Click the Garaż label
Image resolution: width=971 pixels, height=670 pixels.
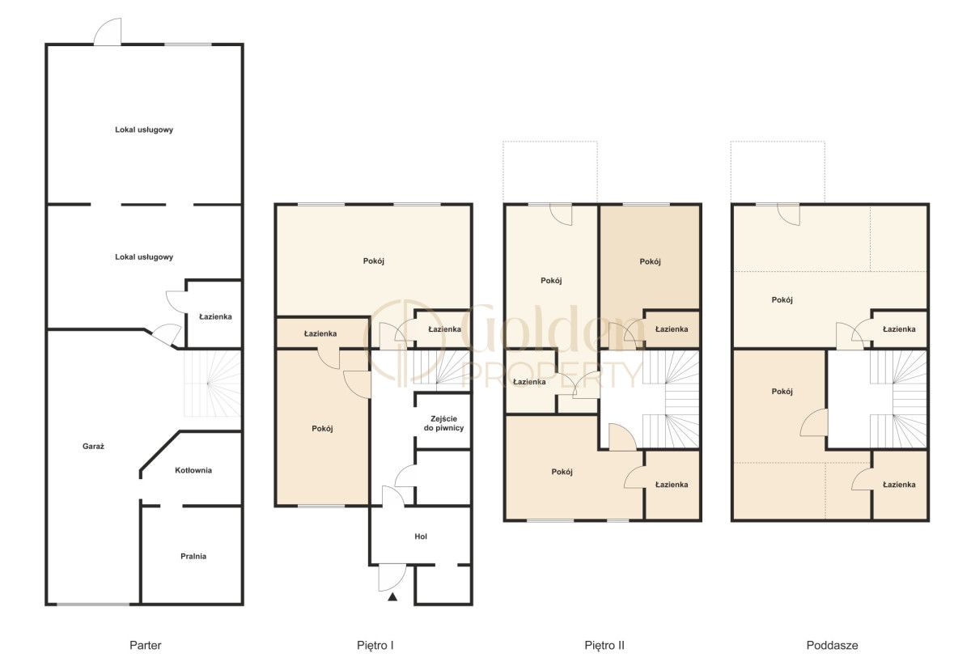point(93,447)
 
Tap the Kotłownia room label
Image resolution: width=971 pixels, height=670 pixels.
point(193,470)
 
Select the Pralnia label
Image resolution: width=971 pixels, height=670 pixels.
point(193,556)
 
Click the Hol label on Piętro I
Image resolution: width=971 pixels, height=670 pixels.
point(421,536)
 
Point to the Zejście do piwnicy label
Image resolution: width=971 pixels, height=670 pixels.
point(443,423)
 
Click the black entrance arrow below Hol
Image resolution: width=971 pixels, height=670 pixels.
point(392,596)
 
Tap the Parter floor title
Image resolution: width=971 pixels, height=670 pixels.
point(145,645)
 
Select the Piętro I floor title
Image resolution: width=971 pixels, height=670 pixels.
point(375,645)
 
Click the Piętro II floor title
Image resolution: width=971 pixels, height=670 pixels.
point(604,645)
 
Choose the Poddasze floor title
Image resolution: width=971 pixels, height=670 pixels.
point(832,645)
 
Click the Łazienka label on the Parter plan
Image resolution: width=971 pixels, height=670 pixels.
point(215,317)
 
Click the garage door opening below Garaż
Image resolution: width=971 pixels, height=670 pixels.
point(93,604)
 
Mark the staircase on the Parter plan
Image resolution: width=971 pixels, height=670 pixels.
point(212,383)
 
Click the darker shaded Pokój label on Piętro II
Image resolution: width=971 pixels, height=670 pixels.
point(650,261)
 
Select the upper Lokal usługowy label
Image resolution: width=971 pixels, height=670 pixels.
point(144,129)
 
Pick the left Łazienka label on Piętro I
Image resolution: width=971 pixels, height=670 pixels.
point(320,333)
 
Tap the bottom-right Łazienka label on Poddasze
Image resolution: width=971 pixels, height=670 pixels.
point(899,485)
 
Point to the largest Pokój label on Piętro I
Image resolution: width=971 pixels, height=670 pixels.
point(373,261)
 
